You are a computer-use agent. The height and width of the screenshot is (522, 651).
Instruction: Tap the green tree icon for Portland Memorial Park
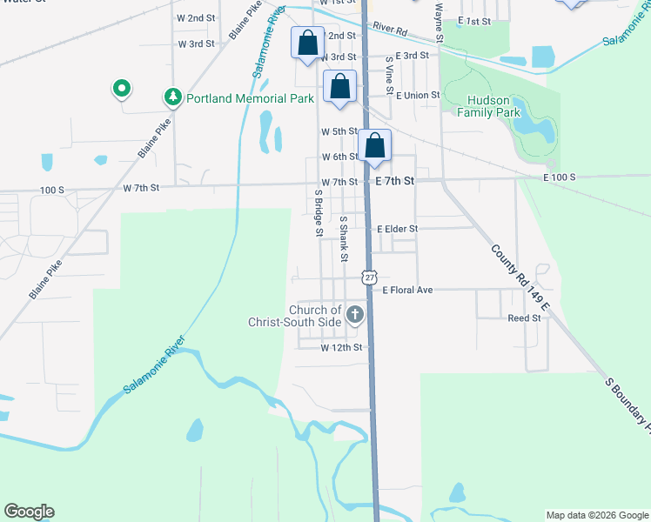tap(173, 97)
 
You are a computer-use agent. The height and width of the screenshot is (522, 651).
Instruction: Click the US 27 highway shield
tap(370, 276)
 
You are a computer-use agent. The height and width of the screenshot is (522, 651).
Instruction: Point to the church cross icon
tap(354, 313)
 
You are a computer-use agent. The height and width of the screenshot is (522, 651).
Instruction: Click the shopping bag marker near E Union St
tap(340, 87)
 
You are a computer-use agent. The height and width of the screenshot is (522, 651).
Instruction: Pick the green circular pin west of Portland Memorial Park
tap(123, 88)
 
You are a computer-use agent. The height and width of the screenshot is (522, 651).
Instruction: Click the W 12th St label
tap(340, 347)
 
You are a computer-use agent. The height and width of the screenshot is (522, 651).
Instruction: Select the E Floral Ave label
tap(407, 290)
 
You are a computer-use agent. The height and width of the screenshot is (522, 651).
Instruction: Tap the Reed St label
tap(524, 318)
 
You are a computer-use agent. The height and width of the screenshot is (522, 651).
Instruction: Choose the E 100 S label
tap(560, 177)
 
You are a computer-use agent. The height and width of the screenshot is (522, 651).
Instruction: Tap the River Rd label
tap(389, 29)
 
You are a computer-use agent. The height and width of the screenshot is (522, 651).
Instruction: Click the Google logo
tap(29, 512)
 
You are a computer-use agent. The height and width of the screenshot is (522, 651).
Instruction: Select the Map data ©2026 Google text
tap(596, 514)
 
